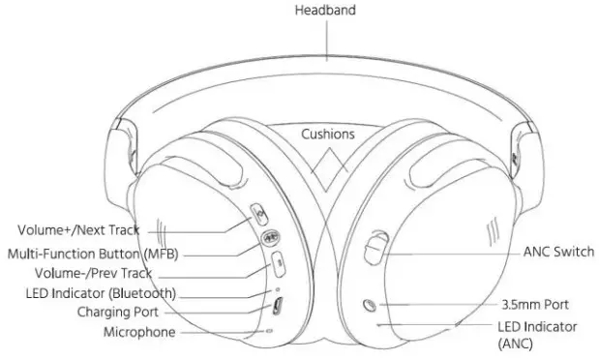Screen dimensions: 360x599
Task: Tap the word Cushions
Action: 327,134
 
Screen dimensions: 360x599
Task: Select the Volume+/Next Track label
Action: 79,230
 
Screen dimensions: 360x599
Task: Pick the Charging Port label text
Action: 118,312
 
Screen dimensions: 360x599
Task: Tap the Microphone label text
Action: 139,332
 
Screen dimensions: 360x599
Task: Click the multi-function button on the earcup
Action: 268,235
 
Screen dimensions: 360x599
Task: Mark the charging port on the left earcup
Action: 277,307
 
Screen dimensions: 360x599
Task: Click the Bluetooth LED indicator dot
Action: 279,288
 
